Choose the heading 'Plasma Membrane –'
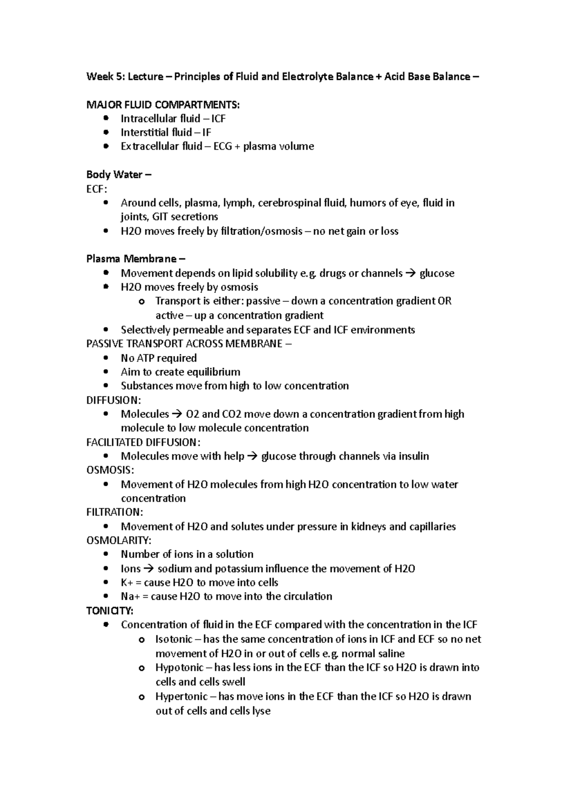point(136,259)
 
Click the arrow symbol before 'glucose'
point(410,273)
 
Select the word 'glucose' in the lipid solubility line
point(436,273)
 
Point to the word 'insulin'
point(413,456)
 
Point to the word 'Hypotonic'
point(179,668)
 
